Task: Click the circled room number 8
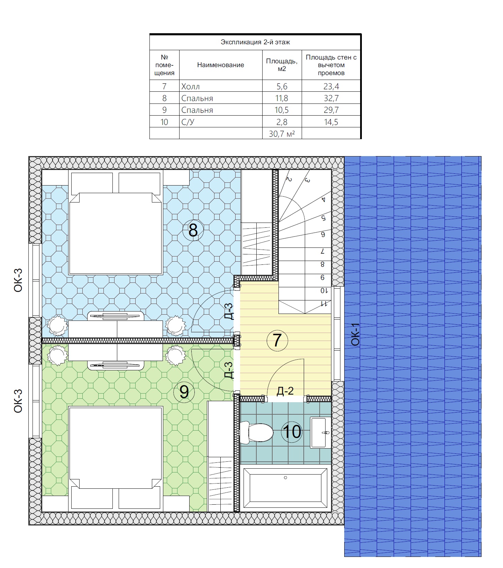point(193,230)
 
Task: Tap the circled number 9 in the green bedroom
point(184,392)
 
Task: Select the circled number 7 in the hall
point(277,340)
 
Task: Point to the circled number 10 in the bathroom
point(292,432)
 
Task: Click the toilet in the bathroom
point(256,432)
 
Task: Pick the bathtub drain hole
point(285,478)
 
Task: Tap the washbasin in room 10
point(321,433)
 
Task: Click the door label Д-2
point(285,391)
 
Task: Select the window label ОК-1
point(356,334)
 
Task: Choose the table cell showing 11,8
point(282,98)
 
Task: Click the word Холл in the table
point(191,87)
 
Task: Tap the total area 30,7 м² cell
point(282,134)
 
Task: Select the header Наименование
point(221,65)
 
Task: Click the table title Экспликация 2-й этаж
point(255,42)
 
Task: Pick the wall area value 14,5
point(331,122)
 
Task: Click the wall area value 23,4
point(331,87)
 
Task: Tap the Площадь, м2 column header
point(282,65)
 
